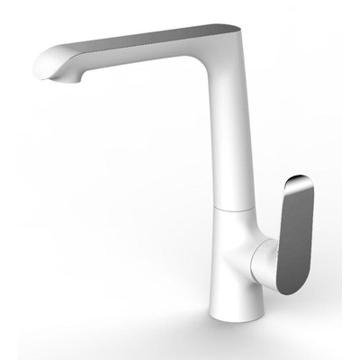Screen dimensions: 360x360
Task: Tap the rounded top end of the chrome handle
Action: [x=301, y=183]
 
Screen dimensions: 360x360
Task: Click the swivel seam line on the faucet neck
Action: [x=229, y=205]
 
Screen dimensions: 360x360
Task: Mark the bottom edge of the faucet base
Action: [x=236, y=316]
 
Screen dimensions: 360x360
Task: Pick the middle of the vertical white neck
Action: [x=225, y=144]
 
